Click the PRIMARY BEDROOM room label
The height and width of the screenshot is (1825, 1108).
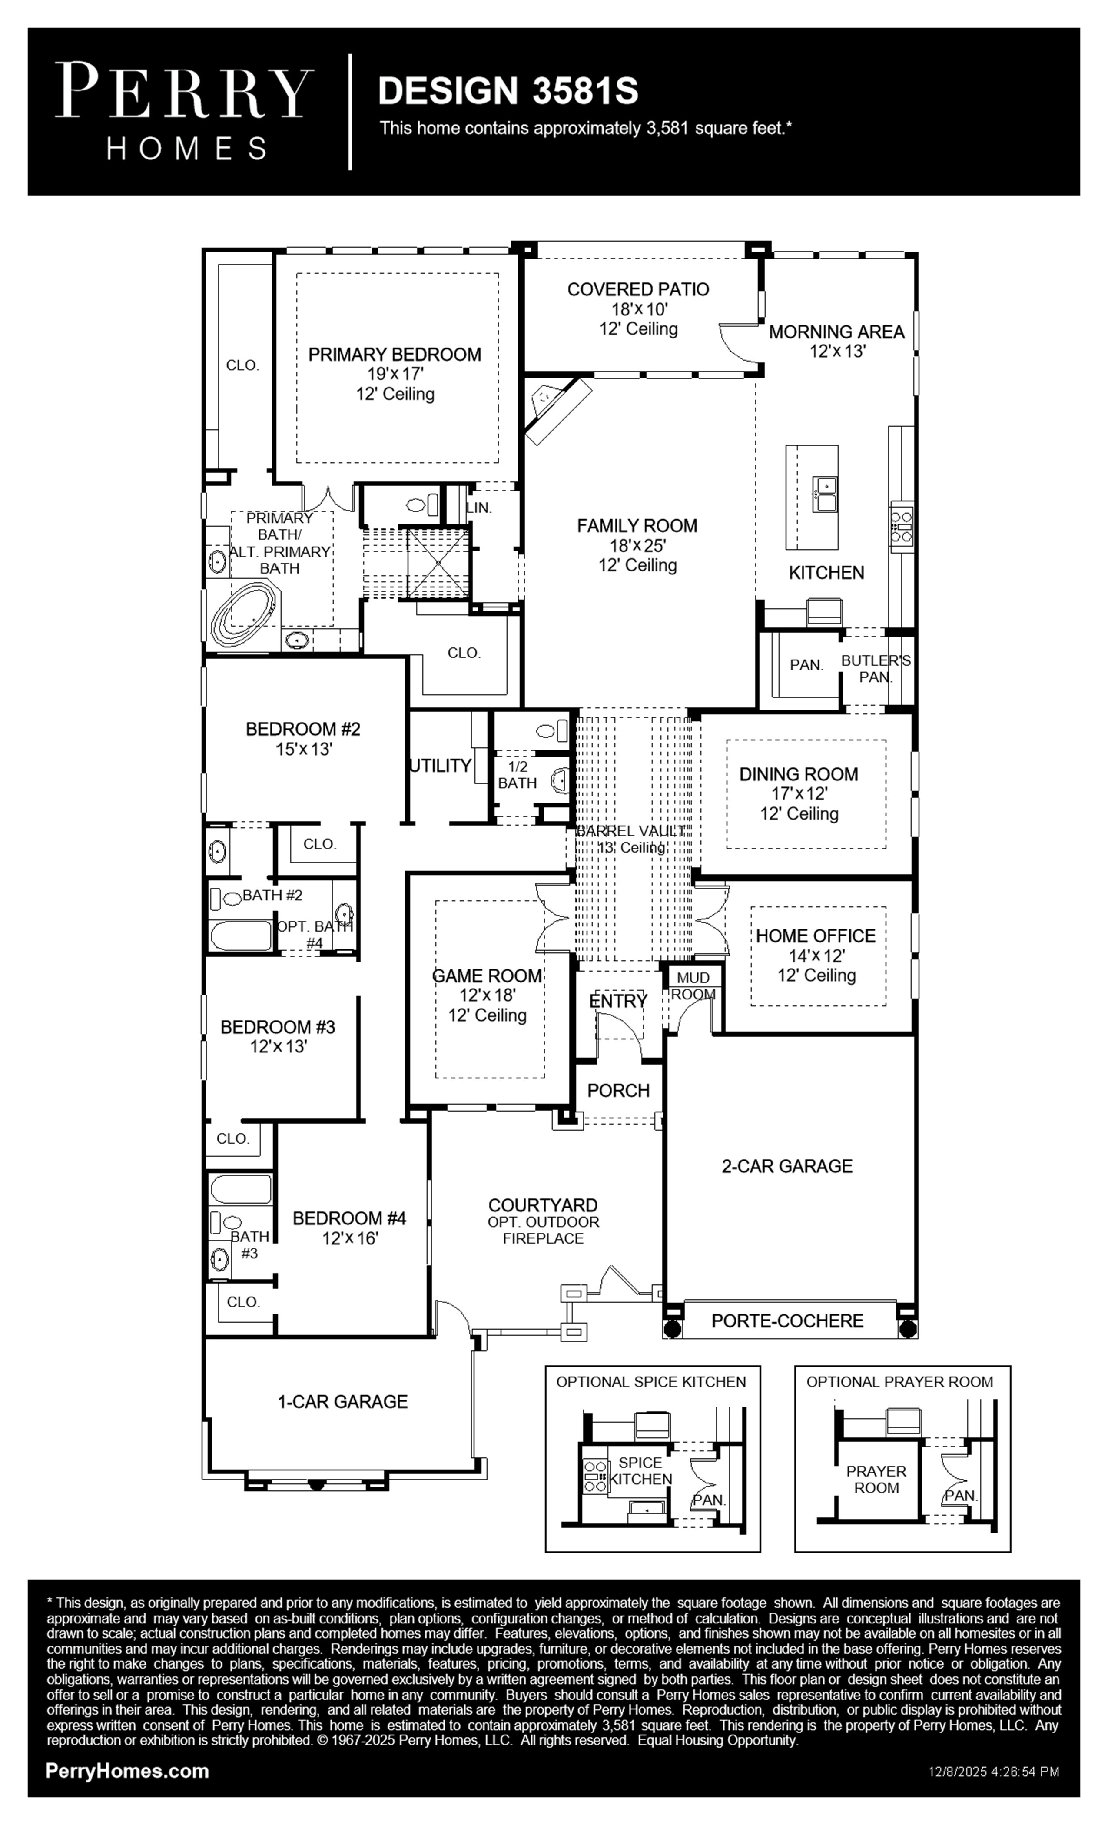point(395,355)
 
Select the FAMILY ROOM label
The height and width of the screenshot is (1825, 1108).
point(637,526)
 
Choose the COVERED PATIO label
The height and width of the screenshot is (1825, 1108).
point(638,289)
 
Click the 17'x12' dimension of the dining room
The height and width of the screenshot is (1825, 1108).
point(799,793)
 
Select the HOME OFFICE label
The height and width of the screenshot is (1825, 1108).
point(816,936)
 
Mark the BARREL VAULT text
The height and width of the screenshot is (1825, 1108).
point(631,831)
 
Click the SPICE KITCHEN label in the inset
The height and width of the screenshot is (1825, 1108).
point(640,1471)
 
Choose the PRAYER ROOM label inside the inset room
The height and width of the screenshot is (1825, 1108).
point(876,1479)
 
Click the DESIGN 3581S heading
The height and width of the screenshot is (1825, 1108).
point(508,91)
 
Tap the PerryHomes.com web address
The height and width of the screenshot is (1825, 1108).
point(127,1771)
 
